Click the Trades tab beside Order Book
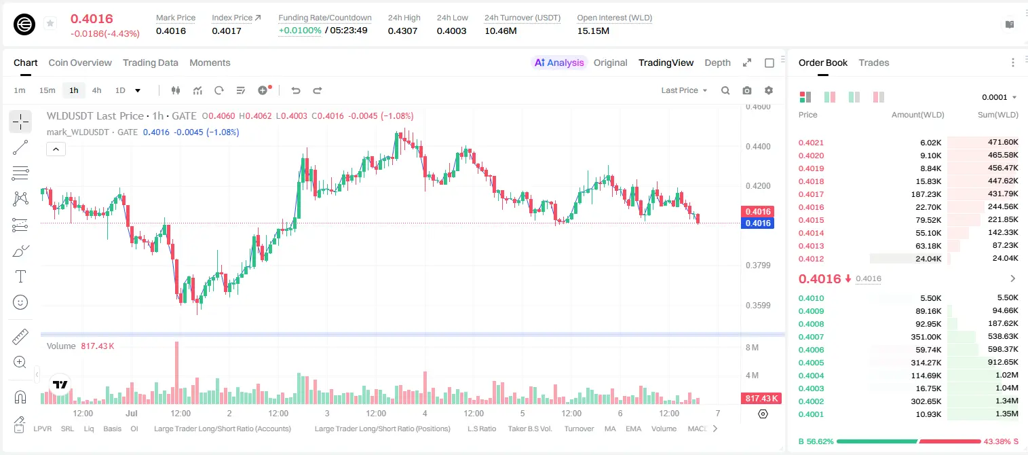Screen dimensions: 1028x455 874,62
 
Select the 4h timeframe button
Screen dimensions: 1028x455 96,90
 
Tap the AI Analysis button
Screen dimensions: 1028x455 559,62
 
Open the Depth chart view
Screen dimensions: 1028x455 717,62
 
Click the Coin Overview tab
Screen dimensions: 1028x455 80,62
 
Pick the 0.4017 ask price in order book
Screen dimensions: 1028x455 811,194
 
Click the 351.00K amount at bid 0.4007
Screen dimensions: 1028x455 926,337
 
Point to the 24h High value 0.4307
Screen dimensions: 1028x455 402,31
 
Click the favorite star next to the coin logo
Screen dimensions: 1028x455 50,23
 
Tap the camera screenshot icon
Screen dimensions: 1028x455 747,90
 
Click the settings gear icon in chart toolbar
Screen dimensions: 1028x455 769,90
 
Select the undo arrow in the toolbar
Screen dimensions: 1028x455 296,90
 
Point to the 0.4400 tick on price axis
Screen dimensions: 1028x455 758,147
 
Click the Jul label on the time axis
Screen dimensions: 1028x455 132,413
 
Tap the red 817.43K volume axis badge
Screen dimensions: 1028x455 761,398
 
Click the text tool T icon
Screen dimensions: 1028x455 20,276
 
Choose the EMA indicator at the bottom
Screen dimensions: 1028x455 633,429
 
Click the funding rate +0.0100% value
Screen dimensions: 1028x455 300,31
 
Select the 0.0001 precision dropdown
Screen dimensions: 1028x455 999,97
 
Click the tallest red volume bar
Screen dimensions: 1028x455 176,373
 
